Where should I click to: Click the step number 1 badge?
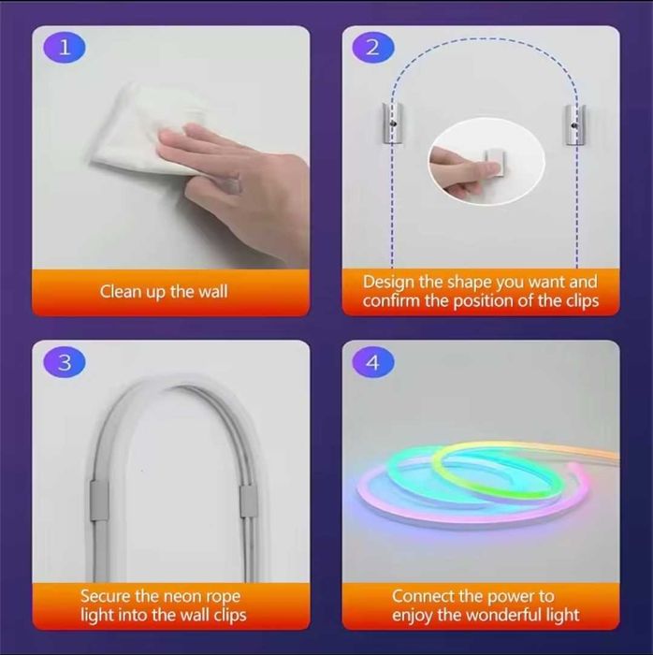(x=65, y=49)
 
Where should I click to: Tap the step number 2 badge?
(x=373, y=48)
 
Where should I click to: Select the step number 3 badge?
(x=65, y=363)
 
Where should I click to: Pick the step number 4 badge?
(x=373, y=363)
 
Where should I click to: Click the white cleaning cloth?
(x=142, y=129)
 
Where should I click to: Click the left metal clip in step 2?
(x=393, y=124)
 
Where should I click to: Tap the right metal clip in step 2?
(x=575, y=124)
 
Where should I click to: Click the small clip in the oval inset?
(x=495, y=162)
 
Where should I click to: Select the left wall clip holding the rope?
(x=99, y=501)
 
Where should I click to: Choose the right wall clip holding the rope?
(x=249, y=501)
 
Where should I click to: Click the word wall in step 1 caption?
(x=213, y=291)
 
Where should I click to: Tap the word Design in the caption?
(x=388, y=283)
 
